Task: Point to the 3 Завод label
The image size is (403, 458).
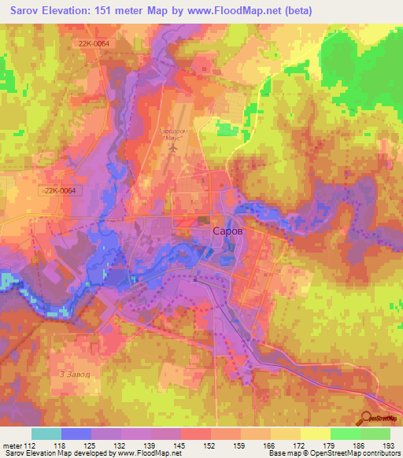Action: (x=72, y=374)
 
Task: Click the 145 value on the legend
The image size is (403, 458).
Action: (x=181, y=444)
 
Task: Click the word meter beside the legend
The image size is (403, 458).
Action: (x=12, y=444)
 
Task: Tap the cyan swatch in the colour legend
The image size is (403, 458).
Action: (x=46, y=433)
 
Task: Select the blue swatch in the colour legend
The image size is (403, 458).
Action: (x=76, y=433)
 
